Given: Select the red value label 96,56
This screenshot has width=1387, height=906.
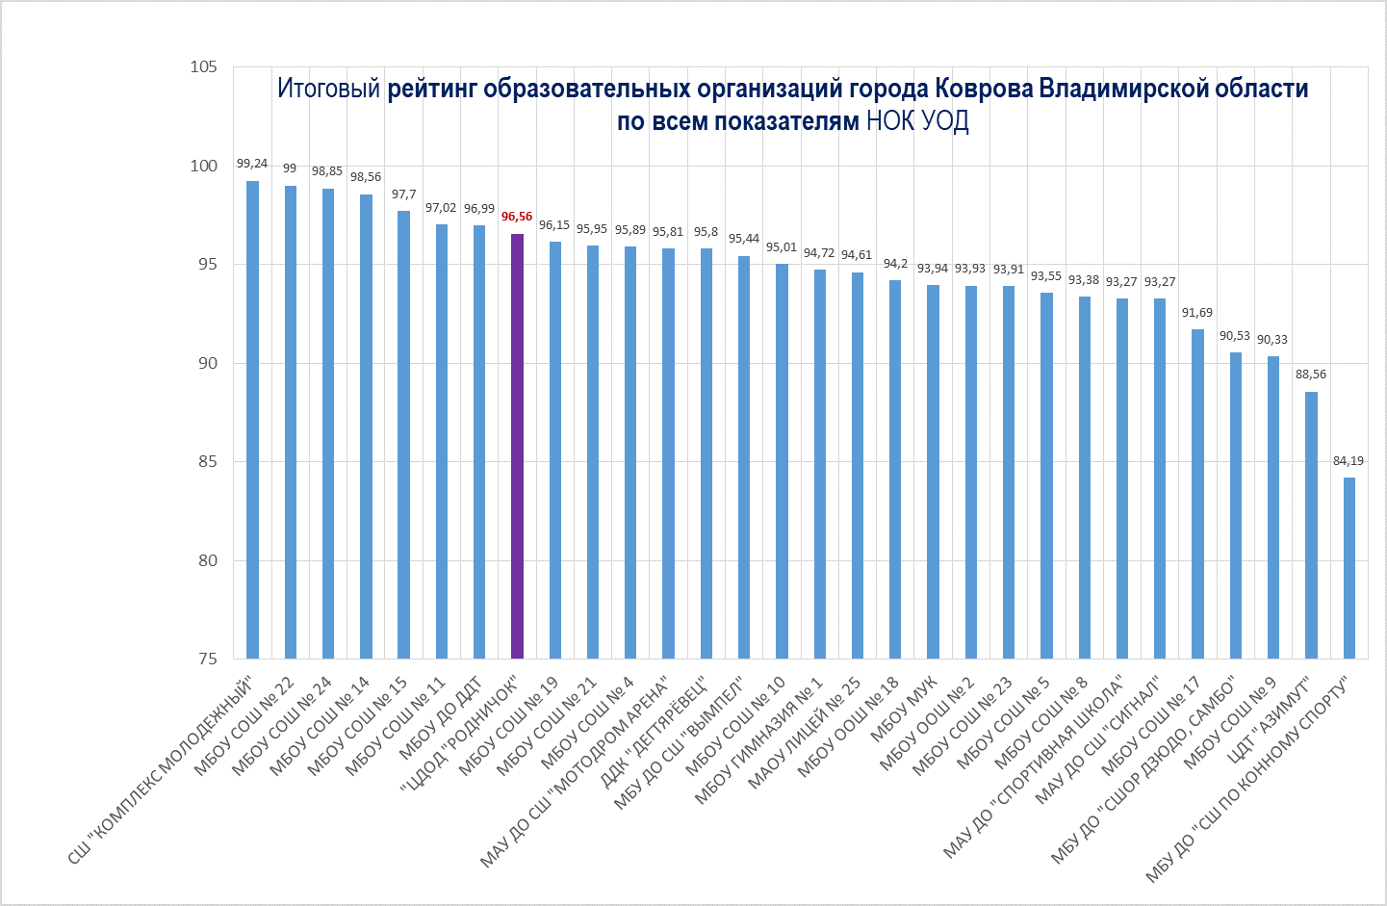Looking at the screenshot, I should click(517, 217).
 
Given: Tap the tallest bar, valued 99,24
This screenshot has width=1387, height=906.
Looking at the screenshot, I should click(252, 420).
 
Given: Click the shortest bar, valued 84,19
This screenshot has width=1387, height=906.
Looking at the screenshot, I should click(1349, 568).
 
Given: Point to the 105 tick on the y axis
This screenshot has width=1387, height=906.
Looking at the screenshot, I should click(204, 67).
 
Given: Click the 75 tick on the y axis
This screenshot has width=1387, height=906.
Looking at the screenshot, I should click(208, 660).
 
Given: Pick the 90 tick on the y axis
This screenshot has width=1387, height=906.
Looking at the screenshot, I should click(208, 363).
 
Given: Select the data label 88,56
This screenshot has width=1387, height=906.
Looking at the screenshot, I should click(1311, 375).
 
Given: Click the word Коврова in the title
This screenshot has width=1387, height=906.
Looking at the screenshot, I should click(985, 89).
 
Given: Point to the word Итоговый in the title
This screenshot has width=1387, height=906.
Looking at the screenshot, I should click(329, 89).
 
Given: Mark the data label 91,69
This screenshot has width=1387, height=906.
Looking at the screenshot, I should click(1197, 313).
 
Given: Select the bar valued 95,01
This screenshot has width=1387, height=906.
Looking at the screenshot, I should click(782, 461).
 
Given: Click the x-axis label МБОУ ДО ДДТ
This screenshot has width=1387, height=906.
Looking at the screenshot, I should click(441, 718).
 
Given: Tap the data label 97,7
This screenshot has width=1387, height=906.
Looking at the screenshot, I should click(404, 194).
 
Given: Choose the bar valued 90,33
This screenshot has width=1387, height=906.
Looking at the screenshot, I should click(1273, 507).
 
